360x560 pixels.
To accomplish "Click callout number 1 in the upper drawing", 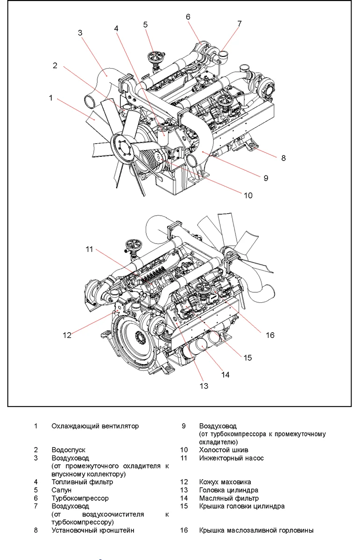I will (x=50, y=98).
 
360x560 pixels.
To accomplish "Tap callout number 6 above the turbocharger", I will (x=188, y=17).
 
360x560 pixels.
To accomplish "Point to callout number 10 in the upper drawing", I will (x=248, y=195).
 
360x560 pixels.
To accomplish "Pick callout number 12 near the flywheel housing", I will (x=67, y=335).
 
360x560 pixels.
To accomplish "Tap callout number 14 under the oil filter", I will (x=226, y=374).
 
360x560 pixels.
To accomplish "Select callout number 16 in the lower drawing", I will (x=270, y=335).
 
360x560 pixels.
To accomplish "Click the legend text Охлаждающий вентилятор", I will (x=95, y=426).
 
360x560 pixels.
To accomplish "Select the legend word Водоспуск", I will (x=68, y=450).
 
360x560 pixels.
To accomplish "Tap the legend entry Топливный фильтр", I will (x=82, y=482).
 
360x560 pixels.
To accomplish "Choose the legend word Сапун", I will (x=61, y=490).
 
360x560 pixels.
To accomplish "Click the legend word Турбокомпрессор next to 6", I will (x=80, y=498).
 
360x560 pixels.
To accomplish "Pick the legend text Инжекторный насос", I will (x=231, y=458).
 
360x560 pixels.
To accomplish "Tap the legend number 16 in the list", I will (x=184, y=530).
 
